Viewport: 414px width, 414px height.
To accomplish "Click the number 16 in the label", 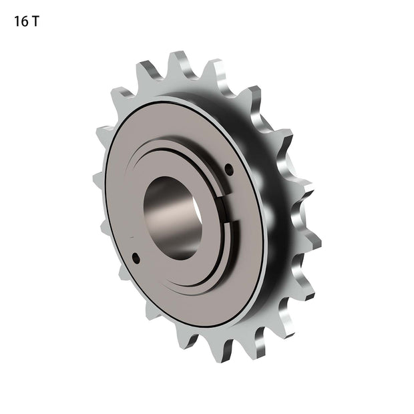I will [21, 21].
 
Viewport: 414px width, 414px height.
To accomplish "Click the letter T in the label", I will [35, 21].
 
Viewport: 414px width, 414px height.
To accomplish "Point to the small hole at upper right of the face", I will [229, 170].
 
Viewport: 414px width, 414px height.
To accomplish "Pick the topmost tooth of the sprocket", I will [177, 62].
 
